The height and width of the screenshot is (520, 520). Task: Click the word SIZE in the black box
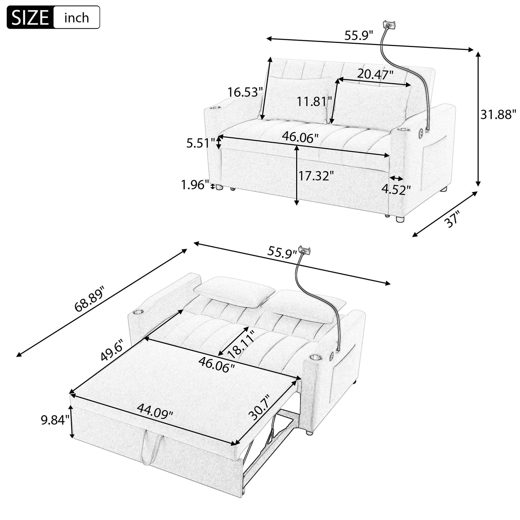coord(31,18)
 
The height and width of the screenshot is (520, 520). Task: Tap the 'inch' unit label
coord(76,18)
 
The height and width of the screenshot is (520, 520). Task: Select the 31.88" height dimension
coord(498,115)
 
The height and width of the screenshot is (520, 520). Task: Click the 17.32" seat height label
coord(316,176)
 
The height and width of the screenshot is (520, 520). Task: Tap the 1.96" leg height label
coord(195,185)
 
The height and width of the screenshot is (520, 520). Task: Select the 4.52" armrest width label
coord(396,189)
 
